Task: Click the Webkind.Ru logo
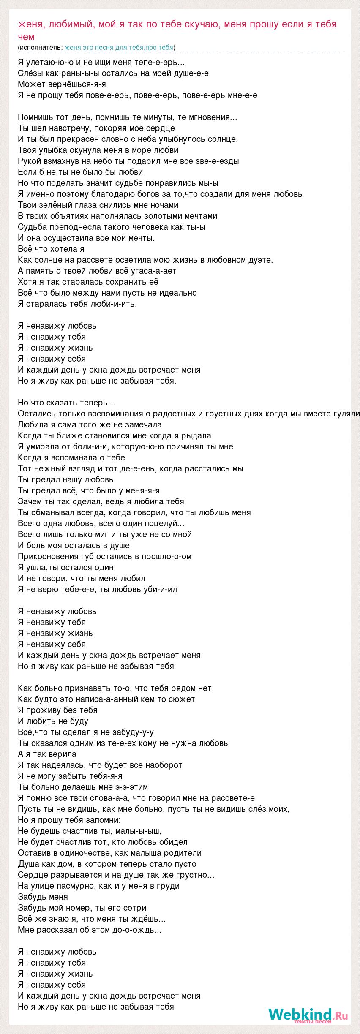pyautogui.click(x=308, y=1014)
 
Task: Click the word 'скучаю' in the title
pyautogui.click(x=201, y=24)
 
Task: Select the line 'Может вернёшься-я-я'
pyautogui.click(x=62, y=84)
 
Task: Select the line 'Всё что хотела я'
pyautogui.click(x=52, y=249)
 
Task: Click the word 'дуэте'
pyautogui.click(x=261, y=260)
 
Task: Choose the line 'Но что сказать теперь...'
pyautogui.click(x=67, y=403)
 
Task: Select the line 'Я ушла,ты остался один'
pyautogui.click(x=66, y=567)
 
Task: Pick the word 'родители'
pyautogui.click(x=184, y=853)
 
